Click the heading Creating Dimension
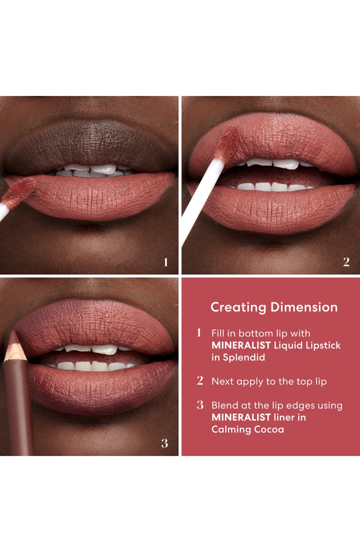(x=274, y=307)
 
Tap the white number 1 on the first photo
(x=166, y=262)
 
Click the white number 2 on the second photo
(x=346, y=262)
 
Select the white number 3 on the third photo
(x=165, y=444)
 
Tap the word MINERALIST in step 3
(x=239, y=417)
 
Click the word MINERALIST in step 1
(x=239, y=346)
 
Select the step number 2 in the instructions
(x=200, y=381)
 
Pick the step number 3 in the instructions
(x=200, y=405)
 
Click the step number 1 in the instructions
(x=199, y=333)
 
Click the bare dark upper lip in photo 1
(x=92, y=143)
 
